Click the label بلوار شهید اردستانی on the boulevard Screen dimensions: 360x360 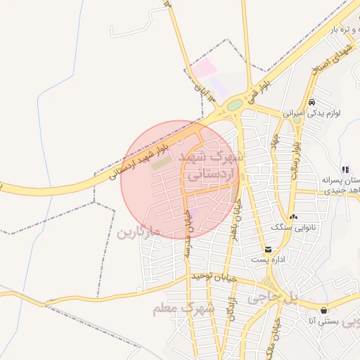139,161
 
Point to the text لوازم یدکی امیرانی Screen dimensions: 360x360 312,112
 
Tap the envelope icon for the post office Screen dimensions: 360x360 268,250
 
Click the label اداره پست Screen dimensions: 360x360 268,260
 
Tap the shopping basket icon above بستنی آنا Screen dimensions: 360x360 323,310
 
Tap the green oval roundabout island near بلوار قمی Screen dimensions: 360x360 235,105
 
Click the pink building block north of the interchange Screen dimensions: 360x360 205,69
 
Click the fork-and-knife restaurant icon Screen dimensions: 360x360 345,169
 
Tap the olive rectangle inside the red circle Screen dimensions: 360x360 162,163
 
